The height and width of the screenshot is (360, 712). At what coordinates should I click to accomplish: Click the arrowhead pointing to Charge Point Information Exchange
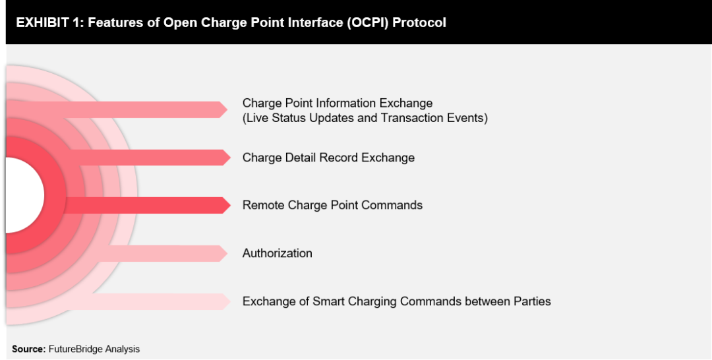tap(223, 109)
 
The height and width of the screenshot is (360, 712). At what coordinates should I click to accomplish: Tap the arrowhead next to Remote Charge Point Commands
tap(226, 205)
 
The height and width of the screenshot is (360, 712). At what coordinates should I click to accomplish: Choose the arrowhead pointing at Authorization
tap(223, 253)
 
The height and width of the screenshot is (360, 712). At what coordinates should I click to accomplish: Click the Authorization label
tap(277, 253)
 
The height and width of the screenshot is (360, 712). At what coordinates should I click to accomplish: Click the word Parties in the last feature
tap(532, 301)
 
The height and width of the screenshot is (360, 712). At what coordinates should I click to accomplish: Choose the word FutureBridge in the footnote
tap(74, 349)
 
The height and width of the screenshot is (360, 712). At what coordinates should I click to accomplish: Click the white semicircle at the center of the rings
tap(23, 195)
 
